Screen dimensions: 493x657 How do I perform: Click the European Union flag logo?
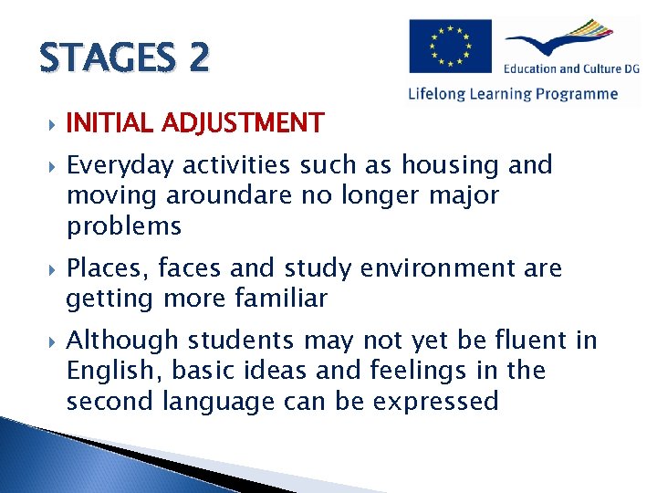(450, 47)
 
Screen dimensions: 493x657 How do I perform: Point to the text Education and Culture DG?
(570, 68)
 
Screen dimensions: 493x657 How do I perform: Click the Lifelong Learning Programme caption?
(513, 93)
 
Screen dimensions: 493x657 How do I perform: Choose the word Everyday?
(120, 166)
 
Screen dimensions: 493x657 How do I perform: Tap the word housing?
(450, 165)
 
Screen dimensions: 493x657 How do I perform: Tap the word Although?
(122, 341)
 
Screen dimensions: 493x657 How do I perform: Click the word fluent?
(525, 341)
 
